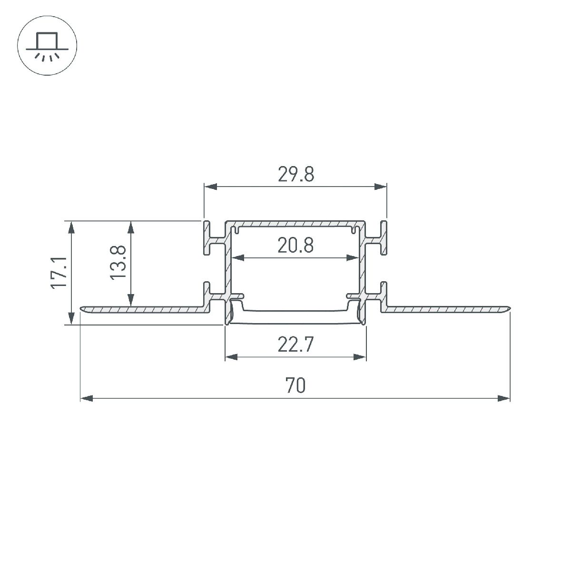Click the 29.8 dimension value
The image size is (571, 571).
click(295, 175)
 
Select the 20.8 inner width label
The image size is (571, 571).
click(295, 246)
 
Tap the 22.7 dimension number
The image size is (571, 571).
click(295, 345)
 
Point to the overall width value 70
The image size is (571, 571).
click(295, 385)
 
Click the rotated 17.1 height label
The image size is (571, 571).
click(59, 272)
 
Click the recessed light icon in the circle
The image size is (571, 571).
click(47, 47)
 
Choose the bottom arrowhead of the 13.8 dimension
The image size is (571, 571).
click(130, 300)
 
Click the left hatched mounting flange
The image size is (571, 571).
click(143, 310)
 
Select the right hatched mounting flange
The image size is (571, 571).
click(447, 310)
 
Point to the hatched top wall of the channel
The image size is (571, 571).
click(295, 223)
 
